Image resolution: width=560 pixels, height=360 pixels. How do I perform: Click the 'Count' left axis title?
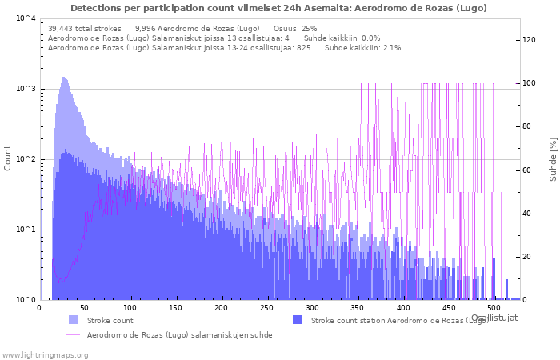pyautogui.click(x=8, y=158)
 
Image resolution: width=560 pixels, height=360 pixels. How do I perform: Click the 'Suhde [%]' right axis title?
pyautogui.click(x=552, y=158)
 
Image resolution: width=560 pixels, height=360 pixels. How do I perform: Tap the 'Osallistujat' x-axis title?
pyautogui.click(x=494, y=318)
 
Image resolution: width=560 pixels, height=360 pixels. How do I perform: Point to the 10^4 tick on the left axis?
pyautogui.click(x=26, y=18)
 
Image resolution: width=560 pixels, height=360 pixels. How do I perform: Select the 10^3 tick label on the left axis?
pyautogui.click(x=26, y=89)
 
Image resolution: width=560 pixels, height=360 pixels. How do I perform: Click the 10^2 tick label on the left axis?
pyautogui.click(x=26, y=159)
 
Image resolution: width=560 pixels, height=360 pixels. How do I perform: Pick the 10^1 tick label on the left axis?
pyautogui.click(x=26, y=230)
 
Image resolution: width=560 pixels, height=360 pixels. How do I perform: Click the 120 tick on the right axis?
pyautogui.click(x=529, y=40)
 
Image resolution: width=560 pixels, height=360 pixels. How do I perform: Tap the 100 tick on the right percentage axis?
pyautogui.click(x=529, y=83)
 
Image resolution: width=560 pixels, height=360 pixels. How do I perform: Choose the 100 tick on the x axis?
pyautogui.click(x=130, y=307)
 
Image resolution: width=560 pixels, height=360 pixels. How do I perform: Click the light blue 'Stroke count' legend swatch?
pyautogui.click(x=73, y=320)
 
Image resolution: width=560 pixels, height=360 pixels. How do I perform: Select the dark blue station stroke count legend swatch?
pyautogui.click(x=297, y=320)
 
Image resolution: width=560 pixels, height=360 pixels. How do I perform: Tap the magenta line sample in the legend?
pyautogui.click(x=73, y=334)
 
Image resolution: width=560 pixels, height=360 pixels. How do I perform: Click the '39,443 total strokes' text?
pyautogui.click(x=85, y=28)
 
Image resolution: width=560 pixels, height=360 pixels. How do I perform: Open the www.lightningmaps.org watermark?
pyautogui.click(x=44, y=354)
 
